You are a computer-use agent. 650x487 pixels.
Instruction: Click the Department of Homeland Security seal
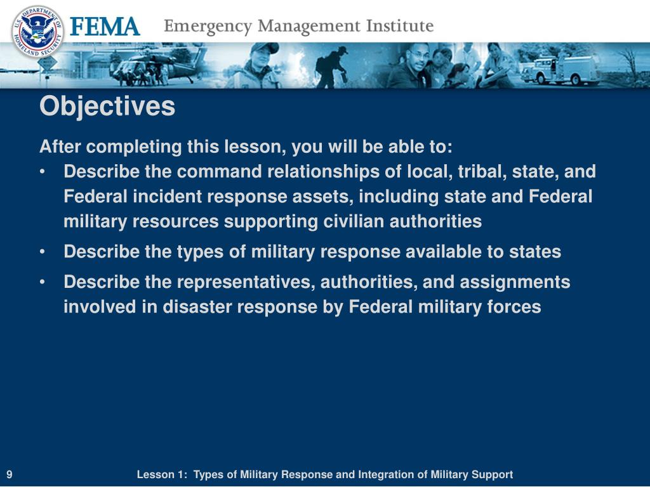click(37, 31)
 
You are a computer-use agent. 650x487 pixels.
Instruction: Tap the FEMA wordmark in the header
click(104, 28)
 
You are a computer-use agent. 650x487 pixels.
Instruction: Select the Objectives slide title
click(107, 107)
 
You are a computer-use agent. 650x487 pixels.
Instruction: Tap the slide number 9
click(11, 475)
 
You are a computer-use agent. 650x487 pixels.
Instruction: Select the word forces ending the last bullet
click(512, 307)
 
